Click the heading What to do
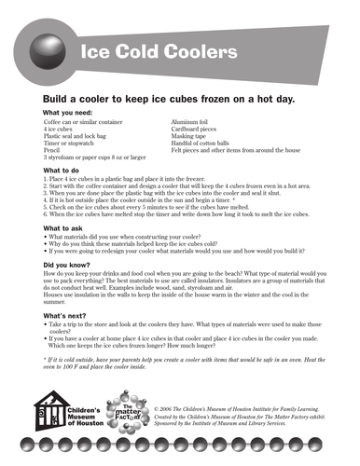(62, 171)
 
